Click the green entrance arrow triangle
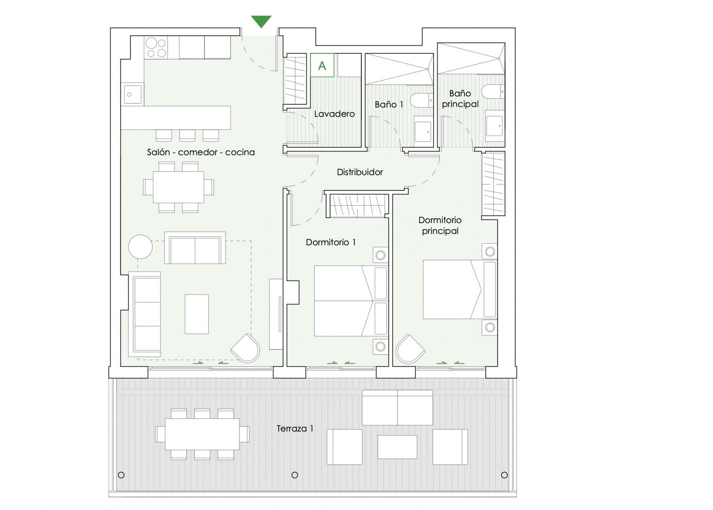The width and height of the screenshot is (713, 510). tap(261, 21)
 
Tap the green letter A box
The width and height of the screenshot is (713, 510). tap(322, 65)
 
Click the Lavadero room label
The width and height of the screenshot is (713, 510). tap(334, 114)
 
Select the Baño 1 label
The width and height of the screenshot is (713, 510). tap(389, 105)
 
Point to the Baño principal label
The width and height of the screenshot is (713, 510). tap(460, 98)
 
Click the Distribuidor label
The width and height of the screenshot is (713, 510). tap(360, 172)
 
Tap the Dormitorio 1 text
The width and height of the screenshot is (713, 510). tap(331, 242)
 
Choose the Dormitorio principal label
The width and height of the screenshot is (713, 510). tap(440, 225)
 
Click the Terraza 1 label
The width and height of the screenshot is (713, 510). tap(295, 428)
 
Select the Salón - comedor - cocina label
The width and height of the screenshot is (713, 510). tap(201, 152)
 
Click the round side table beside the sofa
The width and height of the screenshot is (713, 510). tap(140, 246)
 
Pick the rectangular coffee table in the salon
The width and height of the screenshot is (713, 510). tap(197, 314)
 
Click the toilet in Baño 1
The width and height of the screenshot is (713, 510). tap(421, 100)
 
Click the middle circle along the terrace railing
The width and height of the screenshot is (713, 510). tap(295, 475)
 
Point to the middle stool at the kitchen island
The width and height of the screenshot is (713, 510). tap(187, 135)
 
